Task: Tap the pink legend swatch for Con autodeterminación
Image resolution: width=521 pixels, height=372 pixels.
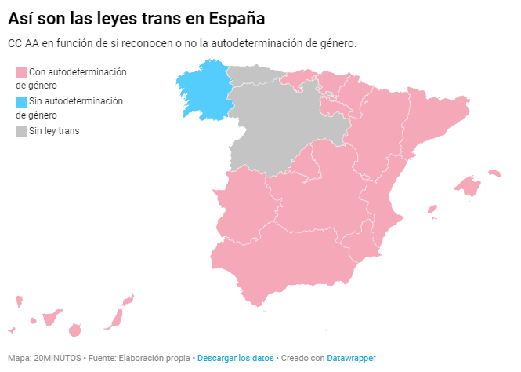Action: click(21, 72)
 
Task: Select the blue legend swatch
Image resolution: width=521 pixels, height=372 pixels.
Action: click(21, 101)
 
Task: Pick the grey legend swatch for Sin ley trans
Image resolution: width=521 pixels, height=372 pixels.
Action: click(21, 131)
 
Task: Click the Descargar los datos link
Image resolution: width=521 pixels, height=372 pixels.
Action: click(235, 358)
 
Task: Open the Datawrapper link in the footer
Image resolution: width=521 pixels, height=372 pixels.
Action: click(351, 358)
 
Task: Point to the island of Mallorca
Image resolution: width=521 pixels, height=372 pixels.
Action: click(468, 186)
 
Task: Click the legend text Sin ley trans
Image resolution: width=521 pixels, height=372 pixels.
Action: click(54, 131)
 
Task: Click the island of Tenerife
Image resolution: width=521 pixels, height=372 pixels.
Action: click(52, 319)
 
